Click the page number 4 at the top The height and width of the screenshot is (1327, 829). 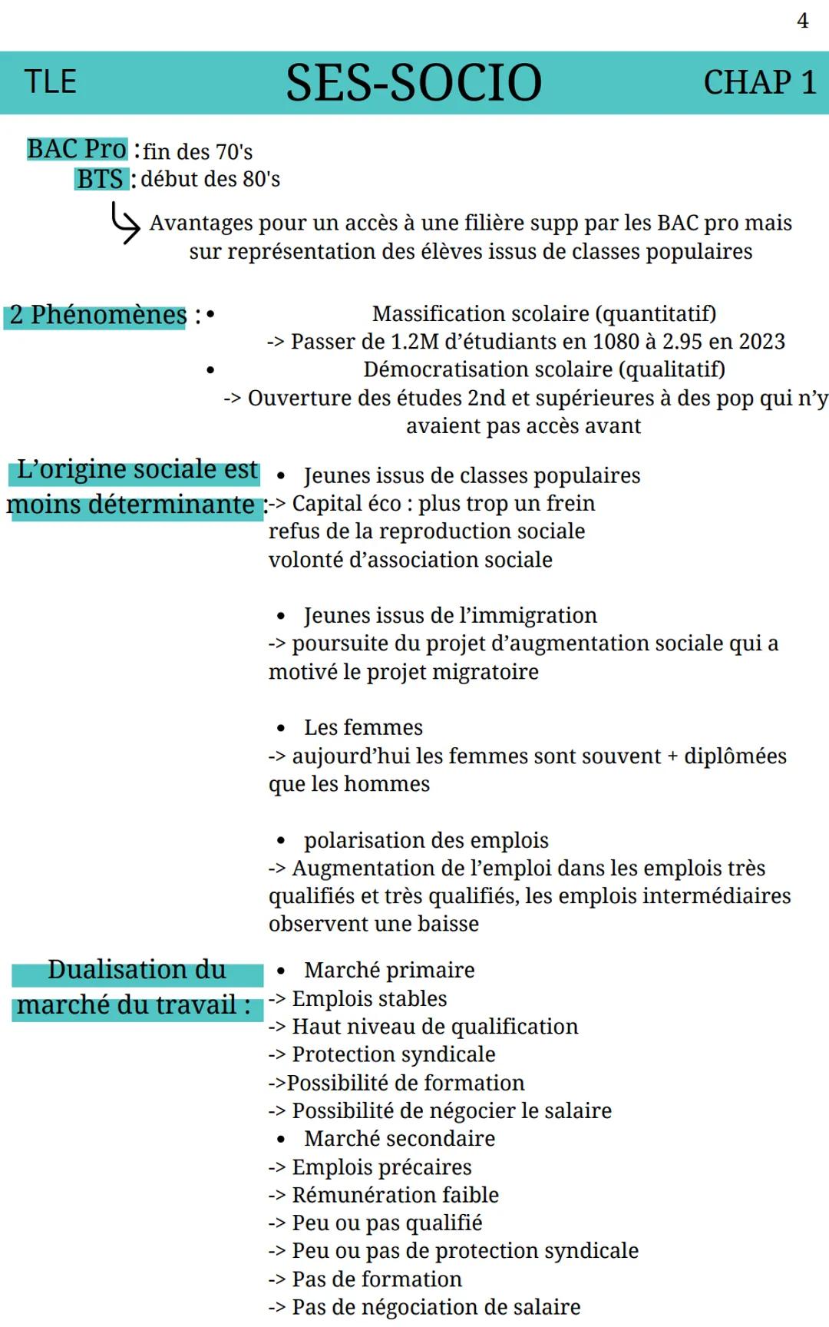[x=802, y=21]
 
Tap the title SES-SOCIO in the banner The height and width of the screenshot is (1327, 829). [x=414, y=83]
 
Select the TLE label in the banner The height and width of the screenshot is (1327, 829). [x=51, y=82]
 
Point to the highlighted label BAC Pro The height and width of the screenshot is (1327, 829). [x=77, y=149]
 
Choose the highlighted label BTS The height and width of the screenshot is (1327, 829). [x=100, y=179]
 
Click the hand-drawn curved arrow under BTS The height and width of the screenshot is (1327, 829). [x=125, y=222]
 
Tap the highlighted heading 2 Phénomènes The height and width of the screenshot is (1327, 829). [x=97, y=315]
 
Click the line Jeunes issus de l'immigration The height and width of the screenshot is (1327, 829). [x=450, y=616]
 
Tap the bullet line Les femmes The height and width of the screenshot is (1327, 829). [x=363, y=728]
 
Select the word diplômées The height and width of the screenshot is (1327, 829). [x=735, y=756]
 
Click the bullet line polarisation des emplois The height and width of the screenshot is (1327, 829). [x=426, y=841]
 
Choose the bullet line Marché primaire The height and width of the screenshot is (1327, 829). [x=389, y=971]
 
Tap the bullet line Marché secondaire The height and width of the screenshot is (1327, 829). [x=399, y=1139]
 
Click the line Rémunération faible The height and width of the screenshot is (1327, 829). [x=395, y=1195]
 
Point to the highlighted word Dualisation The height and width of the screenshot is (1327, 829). [x=137, y=970]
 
